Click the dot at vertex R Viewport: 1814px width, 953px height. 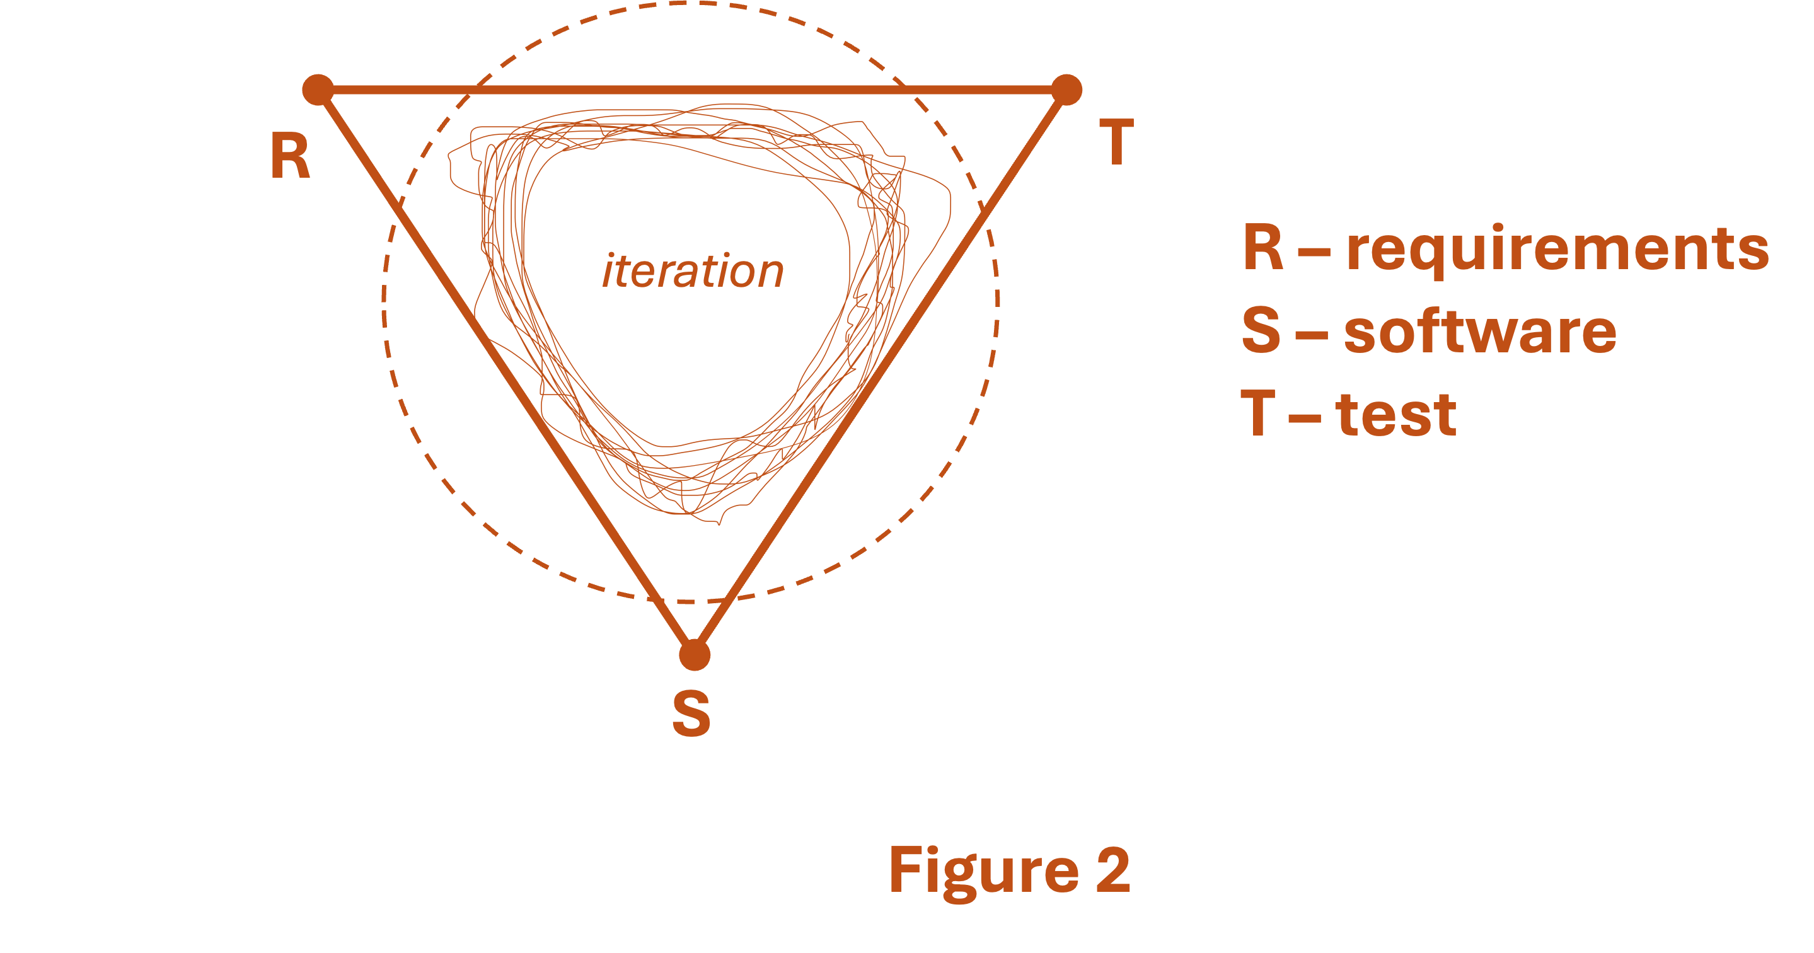click(318, 90)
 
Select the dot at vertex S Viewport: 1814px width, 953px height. click(695, 655)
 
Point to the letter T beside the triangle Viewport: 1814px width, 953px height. click(1116, 142)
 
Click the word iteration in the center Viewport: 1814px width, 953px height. click(693, 271)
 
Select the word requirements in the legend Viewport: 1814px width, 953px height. click(1557, 250)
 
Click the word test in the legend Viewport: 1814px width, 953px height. click(1395, 414)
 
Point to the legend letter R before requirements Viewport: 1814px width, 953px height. click(1263, 248)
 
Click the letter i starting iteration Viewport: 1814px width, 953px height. click(608, 271)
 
